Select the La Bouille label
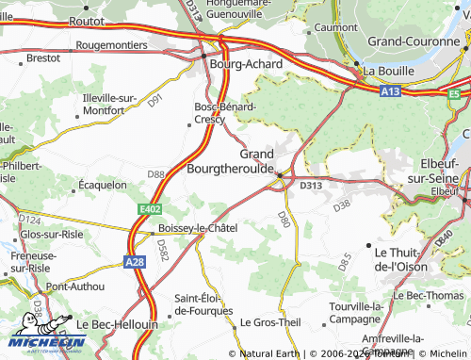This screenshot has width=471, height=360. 388,71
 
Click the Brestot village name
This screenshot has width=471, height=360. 43,57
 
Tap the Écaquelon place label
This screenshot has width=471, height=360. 103,185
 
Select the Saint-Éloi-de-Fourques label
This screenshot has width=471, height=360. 204,303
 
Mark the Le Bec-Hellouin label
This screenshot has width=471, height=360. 118,323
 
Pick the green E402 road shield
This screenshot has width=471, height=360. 149,208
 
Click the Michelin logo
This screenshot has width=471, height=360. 42,345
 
